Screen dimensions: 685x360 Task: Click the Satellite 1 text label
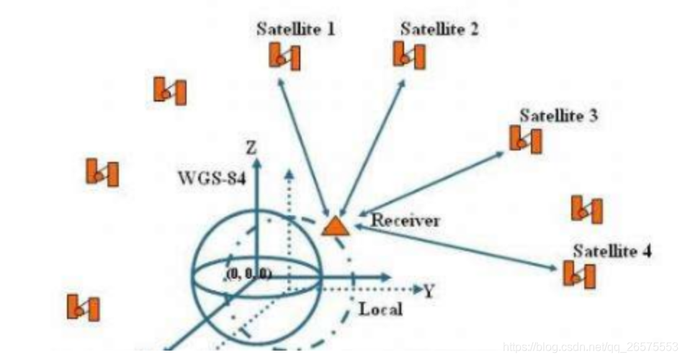[x=295, y=30]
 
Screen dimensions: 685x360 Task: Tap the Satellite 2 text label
[x=439, y=30]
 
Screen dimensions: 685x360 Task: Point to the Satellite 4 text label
[x=612, y=252]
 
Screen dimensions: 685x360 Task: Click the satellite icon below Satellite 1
[x=285, y=56]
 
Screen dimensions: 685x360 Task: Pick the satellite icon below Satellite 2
[x=408, y=55]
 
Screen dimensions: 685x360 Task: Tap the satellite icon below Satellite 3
[x=526, y=138]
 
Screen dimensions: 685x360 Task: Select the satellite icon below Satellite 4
[x=580, y=274]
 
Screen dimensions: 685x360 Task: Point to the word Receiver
[x=405, y=221]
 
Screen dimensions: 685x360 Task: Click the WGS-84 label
[x=212, y=178]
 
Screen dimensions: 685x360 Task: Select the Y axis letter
[x=429, y=291]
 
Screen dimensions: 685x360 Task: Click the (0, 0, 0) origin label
[x=248, y=275]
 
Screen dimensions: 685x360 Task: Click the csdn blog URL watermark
[x=591, y=347]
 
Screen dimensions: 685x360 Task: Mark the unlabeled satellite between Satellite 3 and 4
[x=586, y=209]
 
